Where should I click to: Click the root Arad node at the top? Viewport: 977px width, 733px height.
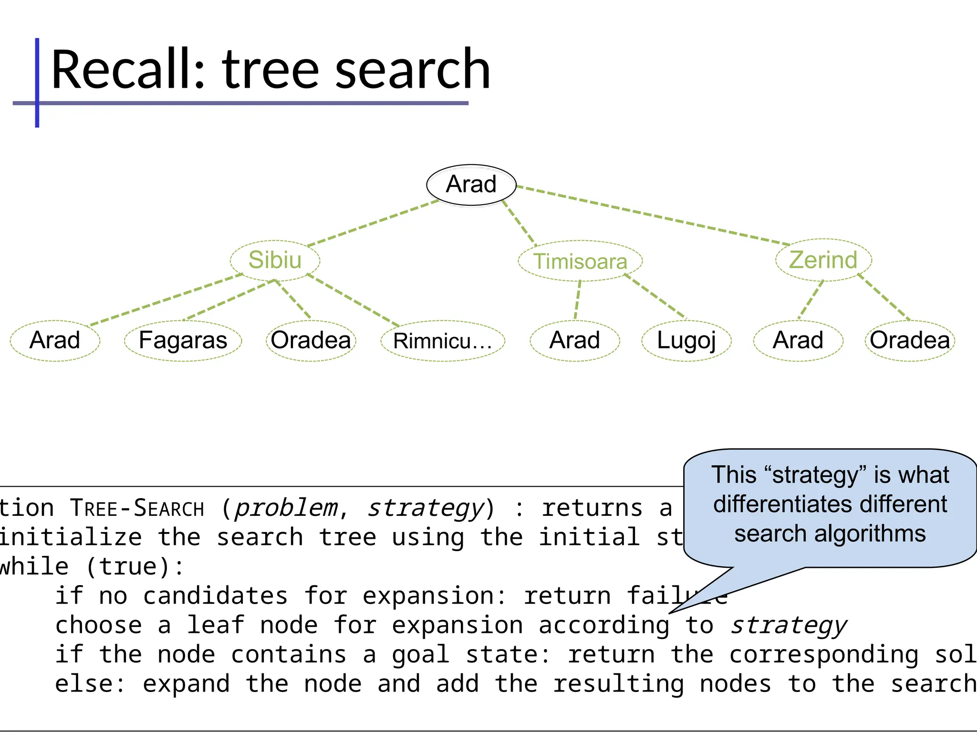click(471, 185)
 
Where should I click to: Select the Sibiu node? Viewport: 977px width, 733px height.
click(275, 260)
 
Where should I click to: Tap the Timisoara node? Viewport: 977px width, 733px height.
click(580, 261)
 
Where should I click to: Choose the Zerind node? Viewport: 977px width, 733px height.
click(823, 260)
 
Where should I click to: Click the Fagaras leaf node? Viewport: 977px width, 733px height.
click(183, 340)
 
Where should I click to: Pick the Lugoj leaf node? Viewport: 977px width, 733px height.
click(686, 340)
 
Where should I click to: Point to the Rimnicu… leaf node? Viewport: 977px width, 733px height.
click(442, 341)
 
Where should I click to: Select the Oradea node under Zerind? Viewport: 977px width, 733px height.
click(910, 340)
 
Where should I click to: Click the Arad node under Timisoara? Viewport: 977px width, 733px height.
click(574, 340)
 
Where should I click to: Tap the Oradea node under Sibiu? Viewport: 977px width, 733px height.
click(311, 340)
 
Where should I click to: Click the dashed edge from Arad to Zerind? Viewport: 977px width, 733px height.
click(654, 216)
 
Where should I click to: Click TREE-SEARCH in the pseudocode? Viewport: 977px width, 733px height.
click(137, 508)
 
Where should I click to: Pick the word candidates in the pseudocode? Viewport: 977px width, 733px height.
click(215, 596)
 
